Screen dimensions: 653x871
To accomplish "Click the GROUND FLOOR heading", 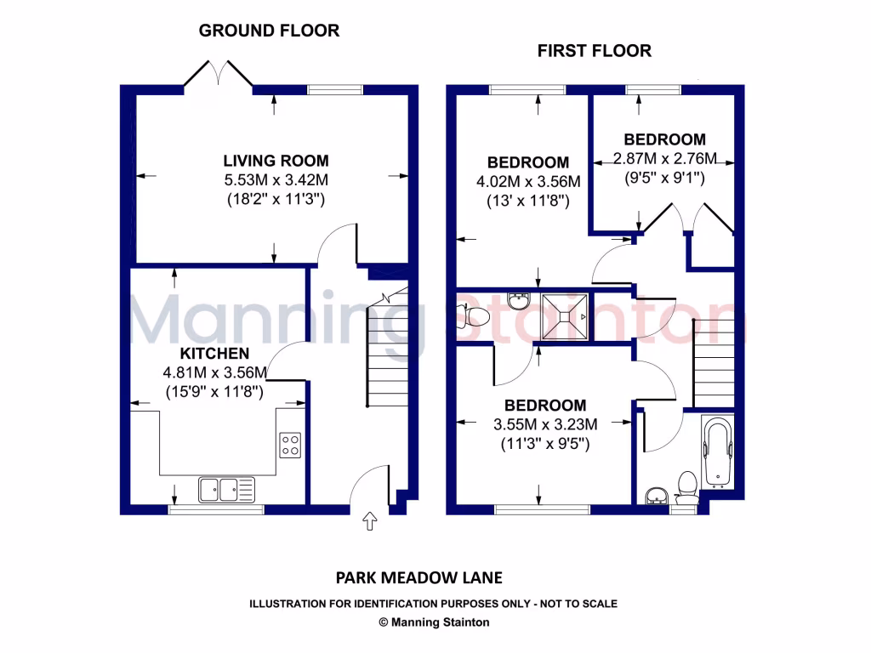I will coord(269,31).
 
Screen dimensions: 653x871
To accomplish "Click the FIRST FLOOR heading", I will coord(594,51).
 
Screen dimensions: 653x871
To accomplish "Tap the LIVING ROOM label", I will coord(276,161).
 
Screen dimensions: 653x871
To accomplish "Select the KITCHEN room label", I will coord(214,354).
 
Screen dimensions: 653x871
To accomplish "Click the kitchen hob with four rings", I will coord(290,445).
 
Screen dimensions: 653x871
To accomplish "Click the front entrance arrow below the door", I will coord(370,521).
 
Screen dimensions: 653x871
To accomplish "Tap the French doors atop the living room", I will coord(219,73).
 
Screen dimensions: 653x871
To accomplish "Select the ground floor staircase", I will coord(388,349).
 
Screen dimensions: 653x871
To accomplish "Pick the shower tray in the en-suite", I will coord(564,315).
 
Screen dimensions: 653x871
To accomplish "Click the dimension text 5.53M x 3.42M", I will coord(276,180).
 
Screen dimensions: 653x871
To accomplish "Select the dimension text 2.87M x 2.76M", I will coord(665,159).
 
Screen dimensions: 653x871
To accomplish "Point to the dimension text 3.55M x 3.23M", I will coord(545,425).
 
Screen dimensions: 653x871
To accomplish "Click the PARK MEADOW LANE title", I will coord(419,578).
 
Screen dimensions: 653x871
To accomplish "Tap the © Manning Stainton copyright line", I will coord(434,622).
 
